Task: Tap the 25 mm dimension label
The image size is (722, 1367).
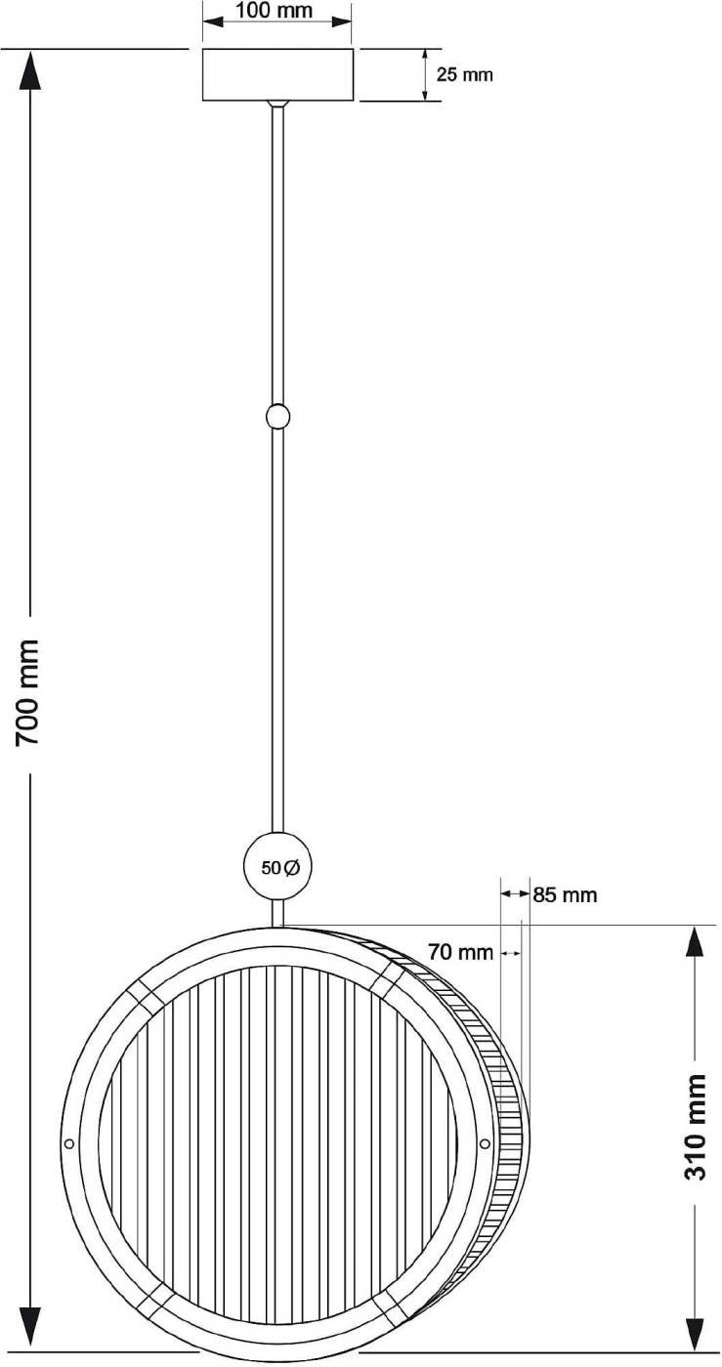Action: (464, 74)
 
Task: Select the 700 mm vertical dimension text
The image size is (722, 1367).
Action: (27, 691)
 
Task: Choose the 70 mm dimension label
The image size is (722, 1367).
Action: (460, 951)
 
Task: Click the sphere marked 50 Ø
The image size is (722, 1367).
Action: (277, 867)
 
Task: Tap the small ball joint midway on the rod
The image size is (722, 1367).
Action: (277, 417)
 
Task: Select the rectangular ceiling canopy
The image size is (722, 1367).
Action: (277, 74)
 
